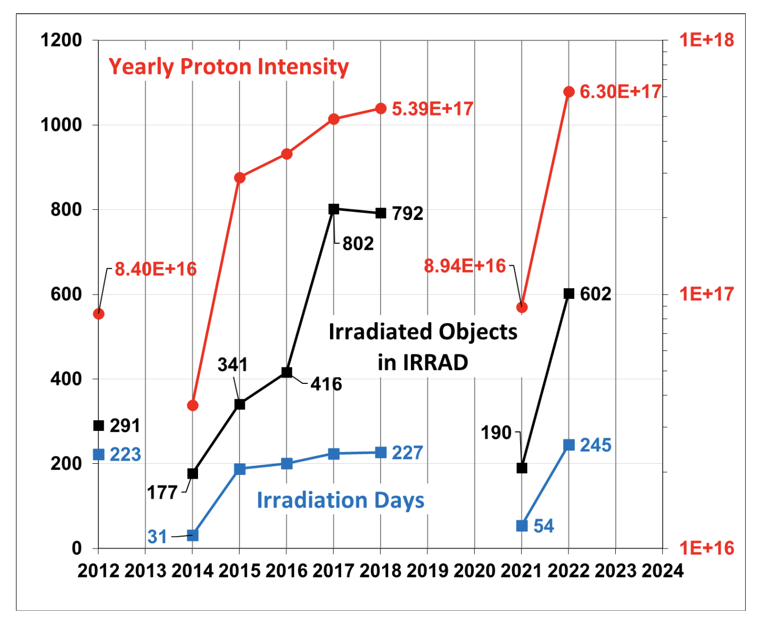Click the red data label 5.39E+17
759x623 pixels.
[x=432, y=109]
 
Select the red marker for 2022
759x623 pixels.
[x=569, y=92]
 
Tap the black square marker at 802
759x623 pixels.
[x=334, y=209]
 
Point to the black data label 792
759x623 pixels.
[x=408, y=214]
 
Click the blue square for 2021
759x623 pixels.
[x=522, y=526]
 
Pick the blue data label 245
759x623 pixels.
[x=596, y=445]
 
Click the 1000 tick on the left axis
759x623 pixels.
[x=61, y=125]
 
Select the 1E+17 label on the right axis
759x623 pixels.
[x=706, y=294]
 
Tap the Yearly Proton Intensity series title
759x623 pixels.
[x=228, y=67]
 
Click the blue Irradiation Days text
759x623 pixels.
[x=341, y=501]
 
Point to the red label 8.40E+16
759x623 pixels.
[x=155, y=269]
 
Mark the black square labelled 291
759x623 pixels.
[x=98, y=425]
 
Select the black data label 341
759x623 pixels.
[x=233, y=365]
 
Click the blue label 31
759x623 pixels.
[x=158, y=537]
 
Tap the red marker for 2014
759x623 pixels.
[x=193, y=406]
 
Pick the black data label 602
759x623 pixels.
[x=596, y=294]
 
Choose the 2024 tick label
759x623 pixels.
[x=663, y=571]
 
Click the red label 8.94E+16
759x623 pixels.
[x=465, y=266]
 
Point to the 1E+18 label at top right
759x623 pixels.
[x=706, y=40]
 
